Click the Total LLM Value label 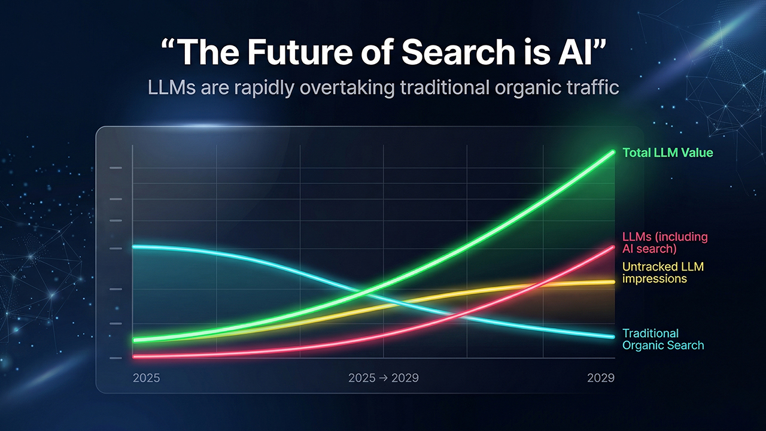[668, 153]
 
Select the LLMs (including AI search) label [665, 242]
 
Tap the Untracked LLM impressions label [663, 272]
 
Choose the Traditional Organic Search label [663, 339]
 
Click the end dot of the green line [612, 152]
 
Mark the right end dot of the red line [612, 247]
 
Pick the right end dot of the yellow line [612, 282]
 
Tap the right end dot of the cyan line [612, 336]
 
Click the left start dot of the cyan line [135, 247]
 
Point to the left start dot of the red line [135, 357]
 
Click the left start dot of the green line [135, 340]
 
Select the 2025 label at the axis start [146, 378]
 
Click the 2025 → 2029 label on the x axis [383, 378]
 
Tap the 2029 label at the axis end [600, 378]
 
